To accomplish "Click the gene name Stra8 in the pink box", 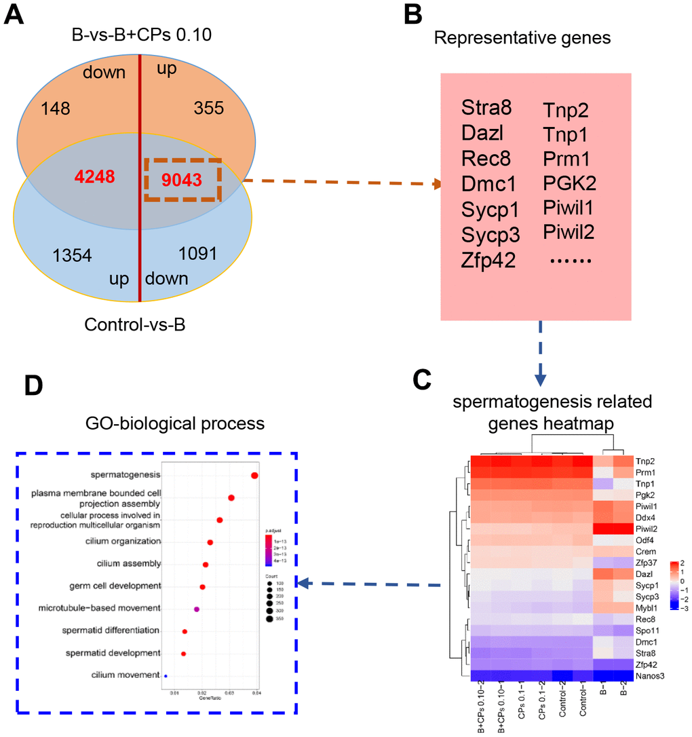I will [486, 108].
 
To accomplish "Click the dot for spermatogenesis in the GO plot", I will [254, 475].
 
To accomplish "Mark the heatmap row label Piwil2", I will [649, 529].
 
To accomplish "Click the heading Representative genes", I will [522, 38].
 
